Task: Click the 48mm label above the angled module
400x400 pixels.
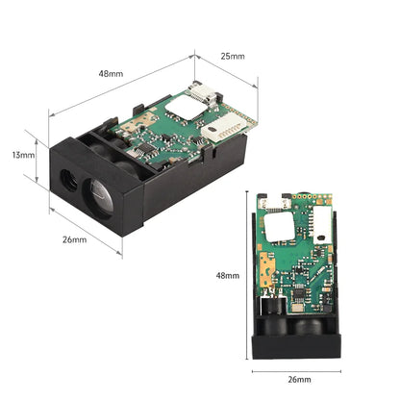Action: pyautogui.click(x=112, y=73)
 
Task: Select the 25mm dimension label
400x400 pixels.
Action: pyautogui.click(x=232, y=57)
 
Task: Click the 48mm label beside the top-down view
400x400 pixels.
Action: pyautogui.click(x=227, y=276)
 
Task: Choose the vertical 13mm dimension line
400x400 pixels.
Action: pyautogui.click(x=37, y=155)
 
